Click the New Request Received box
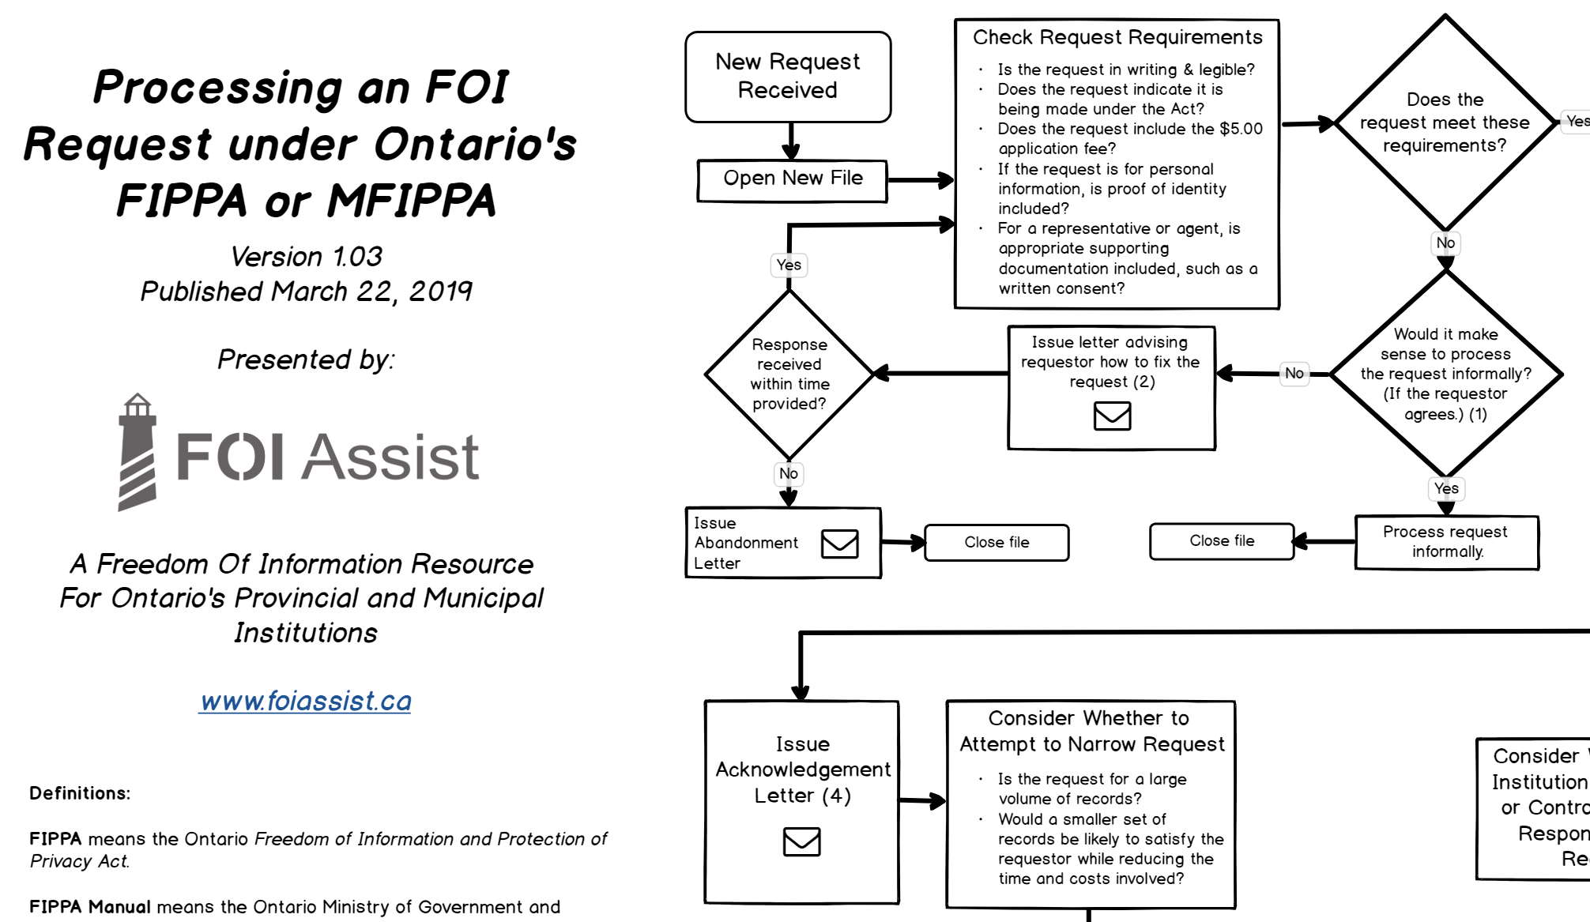[x=788, y=77]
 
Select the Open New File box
[x=793, y=180]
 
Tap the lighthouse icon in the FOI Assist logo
[x=138, y=452]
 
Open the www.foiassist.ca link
[x=306, y=701]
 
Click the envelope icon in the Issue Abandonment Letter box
[x=839, y=544]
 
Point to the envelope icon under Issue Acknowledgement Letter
[x=801, y=841]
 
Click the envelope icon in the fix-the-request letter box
[x=1112, y=416]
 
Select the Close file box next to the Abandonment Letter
[x=997, y=543]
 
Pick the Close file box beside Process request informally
[x=1222, y=541]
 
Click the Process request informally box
[x=1446, y=542]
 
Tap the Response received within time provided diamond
[x=789, y=374]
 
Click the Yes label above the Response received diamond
[x=789, y=265]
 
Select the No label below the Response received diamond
[x=789, y=473]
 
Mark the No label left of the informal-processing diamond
[x=1294, y=373]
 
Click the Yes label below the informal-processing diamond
[x=1446, y=488]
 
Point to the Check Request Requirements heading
[x=1117, y=37]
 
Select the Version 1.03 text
[x=306, y=256]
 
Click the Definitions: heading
[x=80, y=793]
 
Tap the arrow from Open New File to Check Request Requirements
[x=920, y=180]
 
